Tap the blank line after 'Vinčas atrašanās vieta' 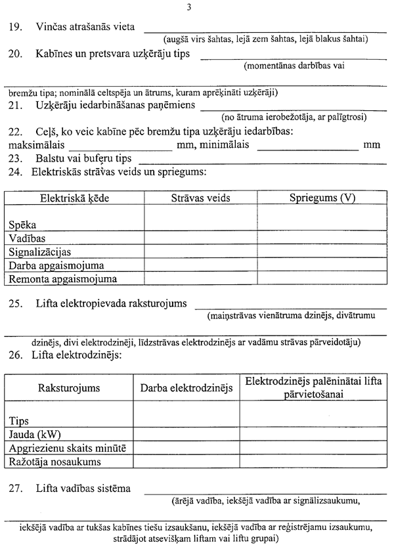tap(265, 30)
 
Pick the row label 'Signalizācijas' tap(40, 252)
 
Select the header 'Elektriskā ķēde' tap(74, 198)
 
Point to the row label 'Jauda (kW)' tap(30, 435)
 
